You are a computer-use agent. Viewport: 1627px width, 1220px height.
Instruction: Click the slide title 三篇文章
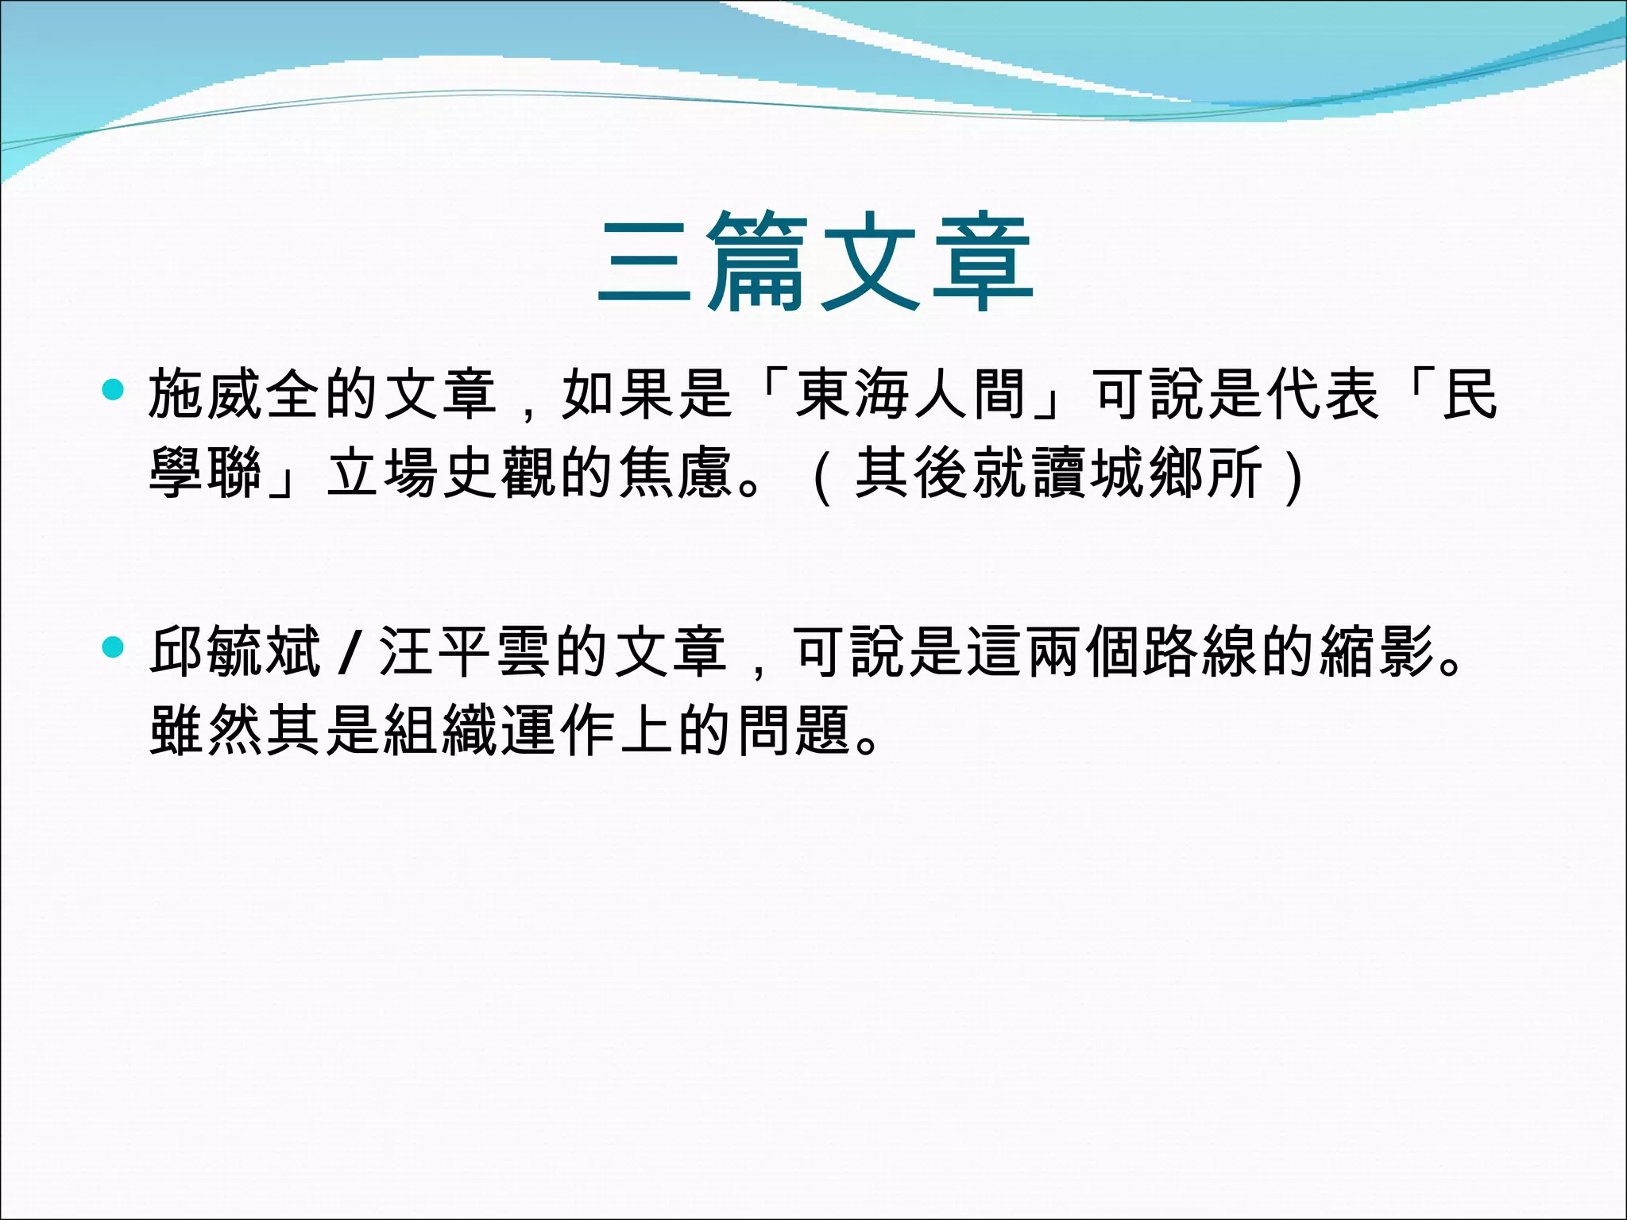click(815, 262)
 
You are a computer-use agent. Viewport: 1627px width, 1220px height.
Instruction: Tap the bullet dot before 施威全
click(114, 390)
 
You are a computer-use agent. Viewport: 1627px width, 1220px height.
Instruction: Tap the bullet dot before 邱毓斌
click(114, 647)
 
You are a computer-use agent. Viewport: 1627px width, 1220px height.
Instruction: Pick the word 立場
click(383, 473)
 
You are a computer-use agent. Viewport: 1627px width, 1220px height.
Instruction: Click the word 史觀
click(500, 473)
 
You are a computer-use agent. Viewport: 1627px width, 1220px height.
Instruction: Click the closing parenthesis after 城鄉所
click(1294, 474)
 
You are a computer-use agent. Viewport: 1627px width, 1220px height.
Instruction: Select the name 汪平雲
click(465, 651)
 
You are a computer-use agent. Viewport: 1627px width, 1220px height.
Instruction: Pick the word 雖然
click(207, 729)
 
